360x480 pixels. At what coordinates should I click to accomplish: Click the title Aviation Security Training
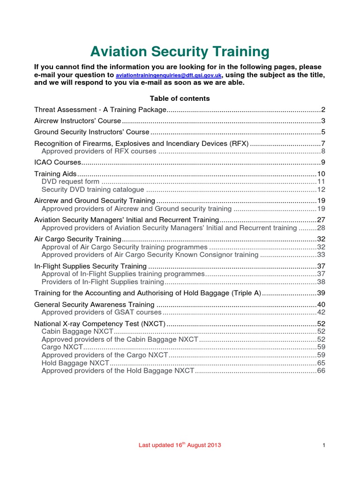coord(180,51)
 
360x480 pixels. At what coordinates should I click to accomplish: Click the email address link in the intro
coord(169,75)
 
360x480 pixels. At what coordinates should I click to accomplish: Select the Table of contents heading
coord(180,98)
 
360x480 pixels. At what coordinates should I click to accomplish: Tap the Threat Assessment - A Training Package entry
coord(100,110)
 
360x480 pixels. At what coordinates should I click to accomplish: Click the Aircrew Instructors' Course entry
coord(78,121)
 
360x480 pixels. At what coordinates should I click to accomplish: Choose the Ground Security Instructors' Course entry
coord(92,132)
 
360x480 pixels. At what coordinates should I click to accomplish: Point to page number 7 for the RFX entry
coord(323,143)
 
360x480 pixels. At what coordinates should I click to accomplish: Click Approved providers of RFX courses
coord(99,151)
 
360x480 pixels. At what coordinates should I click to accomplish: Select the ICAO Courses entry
coord(58,163)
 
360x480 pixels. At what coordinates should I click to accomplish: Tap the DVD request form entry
coord(70,181)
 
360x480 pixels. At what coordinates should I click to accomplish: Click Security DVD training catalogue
coord(93,189)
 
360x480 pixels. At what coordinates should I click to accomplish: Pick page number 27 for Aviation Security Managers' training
coord(321,219)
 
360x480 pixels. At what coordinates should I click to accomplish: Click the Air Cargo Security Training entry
coord(78,239)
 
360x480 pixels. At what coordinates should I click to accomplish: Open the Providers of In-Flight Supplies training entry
coord(103,282)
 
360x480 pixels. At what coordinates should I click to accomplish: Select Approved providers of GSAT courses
coord(101,312)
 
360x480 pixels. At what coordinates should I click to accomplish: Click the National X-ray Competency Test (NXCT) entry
coord(100,323)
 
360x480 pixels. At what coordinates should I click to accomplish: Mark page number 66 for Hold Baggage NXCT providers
coord(321,371)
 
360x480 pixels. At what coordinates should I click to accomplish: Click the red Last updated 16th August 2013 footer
coord(180,445)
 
